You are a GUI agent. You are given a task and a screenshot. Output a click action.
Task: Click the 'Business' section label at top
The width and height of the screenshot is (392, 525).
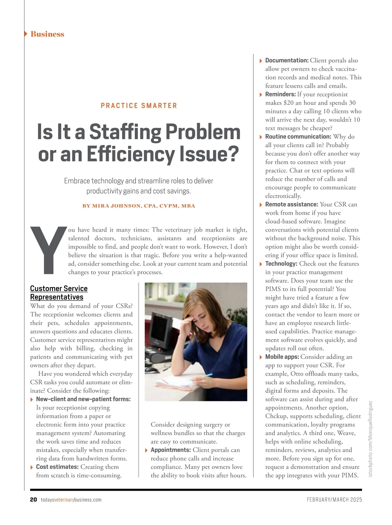pos(47,34)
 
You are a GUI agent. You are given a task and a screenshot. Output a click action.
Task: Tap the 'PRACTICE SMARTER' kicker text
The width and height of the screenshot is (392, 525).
pos(139,106)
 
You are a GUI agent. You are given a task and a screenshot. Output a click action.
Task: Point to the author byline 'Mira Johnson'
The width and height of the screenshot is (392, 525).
pos(117,206)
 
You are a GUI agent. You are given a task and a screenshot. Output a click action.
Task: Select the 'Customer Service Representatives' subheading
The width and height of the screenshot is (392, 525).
pos(58,293)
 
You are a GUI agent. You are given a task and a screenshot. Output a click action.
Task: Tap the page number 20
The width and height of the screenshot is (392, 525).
pos(33,500)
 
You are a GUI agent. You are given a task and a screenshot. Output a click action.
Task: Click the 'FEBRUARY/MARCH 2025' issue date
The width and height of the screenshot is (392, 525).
pos(334,500)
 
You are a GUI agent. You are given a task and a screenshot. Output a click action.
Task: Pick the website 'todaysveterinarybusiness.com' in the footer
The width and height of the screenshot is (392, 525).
pos(71,500)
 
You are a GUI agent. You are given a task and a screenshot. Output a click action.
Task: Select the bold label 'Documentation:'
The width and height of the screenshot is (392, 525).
pos(287,60)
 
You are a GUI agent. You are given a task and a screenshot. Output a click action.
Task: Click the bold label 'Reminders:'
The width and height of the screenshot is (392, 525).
pos(280,94)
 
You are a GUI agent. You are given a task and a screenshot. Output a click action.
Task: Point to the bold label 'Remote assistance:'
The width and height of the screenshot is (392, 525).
pos(291,204)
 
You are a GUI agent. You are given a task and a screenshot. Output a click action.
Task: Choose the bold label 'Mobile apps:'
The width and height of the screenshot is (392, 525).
pos(282,357)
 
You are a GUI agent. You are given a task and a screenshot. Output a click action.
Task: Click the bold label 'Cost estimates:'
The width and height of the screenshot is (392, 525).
pos(57,467)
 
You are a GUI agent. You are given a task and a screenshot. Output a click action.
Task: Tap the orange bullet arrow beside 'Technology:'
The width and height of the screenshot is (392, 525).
pos(261,264)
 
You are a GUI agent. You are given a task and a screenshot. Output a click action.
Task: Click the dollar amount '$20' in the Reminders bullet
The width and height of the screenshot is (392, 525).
pos(288,103)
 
